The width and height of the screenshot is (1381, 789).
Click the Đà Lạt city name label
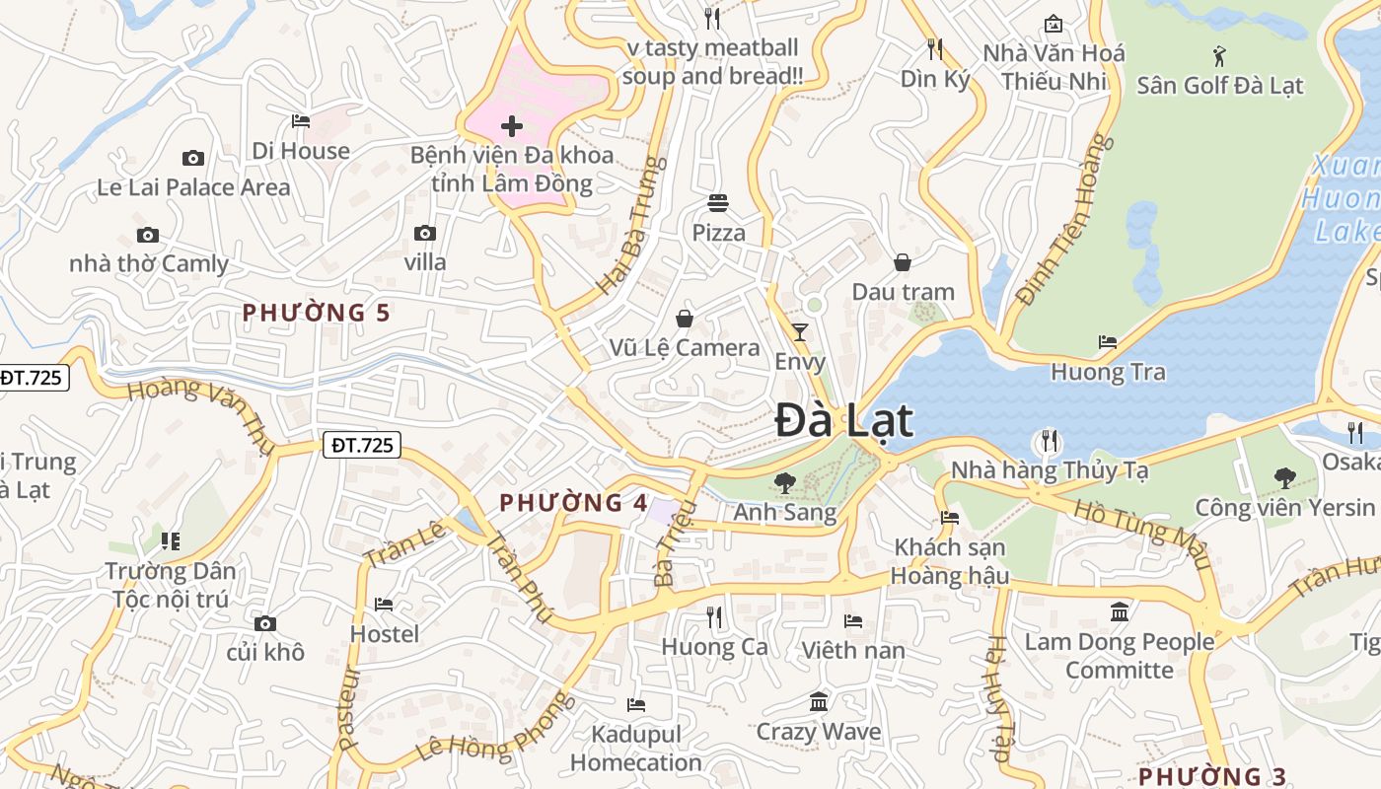click(843, 420)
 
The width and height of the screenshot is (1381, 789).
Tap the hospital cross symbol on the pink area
click(512, 126)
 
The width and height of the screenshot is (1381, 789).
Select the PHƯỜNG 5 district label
click(317, 313)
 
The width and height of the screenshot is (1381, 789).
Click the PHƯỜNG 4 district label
click(573, 502)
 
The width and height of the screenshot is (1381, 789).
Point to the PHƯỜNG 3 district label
click(1212, 775)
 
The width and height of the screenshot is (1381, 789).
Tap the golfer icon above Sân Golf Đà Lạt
click(1219, 56)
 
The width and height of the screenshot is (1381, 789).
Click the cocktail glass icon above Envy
click(799, 331)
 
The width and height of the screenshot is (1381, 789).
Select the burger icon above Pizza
click(718, 203)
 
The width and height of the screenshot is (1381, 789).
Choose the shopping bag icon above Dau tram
click(902, 262)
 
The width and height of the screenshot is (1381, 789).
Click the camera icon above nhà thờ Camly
click(148, 235)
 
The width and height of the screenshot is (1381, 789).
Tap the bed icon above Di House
click(301, 121)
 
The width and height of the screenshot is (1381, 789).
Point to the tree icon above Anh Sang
click(785, 482)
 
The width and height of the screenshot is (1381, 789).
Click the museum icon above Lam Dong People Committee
click(1120, 612)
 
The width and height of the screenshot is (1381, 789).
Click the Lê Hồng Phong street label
click(494, 727)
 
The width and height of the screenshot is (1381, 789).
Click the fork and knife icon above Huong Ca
click(714, 617)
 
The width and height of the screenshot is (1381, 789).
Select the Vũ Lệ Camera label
click(685, 347)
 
